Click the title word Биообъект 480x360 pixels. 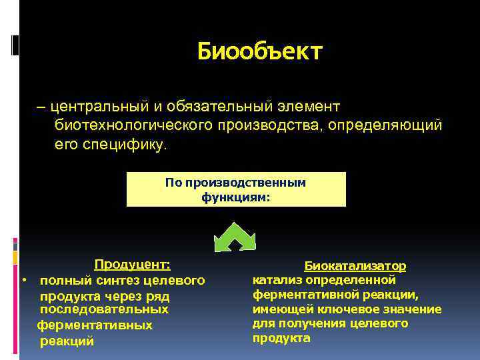pyautogui.click(x=260, y=51)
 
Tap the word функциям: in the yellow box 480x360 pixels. pyautogui.click(x=236, y=197)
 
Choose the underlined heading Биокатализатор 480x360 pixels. pyautogui.click(x=355, y=266)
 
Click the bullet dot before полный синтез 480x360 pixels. pyautogui.click(x=24, y=279)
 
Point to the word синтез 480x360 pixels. pyautogui.click(x=106, y=280)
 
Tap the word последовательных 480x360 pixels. pyautogui.click(x=104, y=310)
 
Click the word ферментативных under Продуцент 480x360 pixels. pyautogui.click(x=95, y=325)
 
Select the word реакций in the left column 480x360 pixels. pyautogui.click(x=67, y=341)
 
